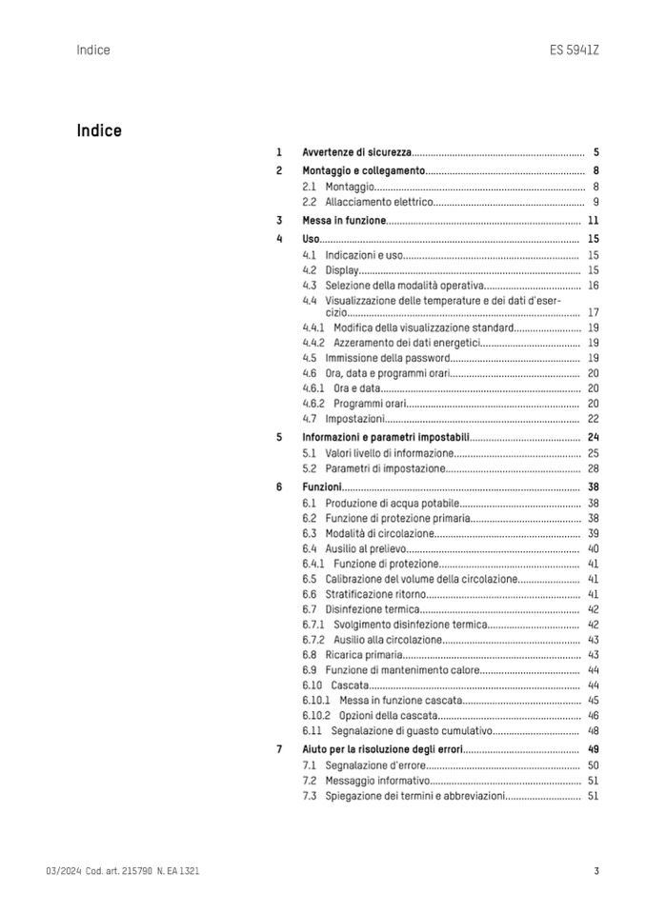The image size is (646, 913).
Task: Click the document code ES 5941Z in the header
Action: [575, 50]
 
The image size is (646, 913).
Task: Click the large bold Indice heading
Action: [99, 130]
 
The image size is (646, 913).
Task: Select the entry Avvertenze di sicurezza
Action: [356, 152]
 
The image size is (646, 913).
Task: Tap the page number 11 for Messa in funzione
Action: [593, 220]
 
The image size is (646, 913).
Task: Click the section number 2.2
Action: [309, 202]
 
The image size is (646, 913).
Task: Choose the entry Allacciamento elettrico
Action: [379, 202]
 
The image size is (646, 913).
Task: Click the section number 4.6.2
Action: [313, 404]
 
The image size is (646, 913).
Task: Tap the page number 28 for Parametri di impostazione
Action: [593, 468]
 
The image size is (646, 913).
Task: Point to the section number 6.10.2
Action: [316, 715]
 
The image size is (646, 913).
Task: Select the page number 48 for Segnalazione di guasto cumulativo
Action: [593, 731]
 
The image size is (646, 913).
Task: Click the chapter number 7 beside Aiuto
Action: [279, 749]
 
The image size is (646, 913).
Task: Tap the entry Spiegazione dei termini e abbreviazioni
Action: [414, 795]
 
